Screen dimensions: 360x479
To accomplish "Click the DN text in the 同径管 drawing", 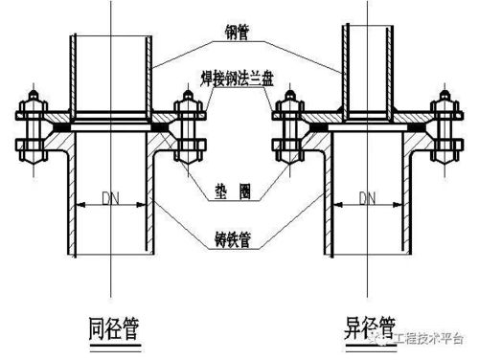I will [109, 199].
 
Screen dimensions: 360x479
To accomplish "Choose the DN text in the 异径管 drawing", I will [366, 199].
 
